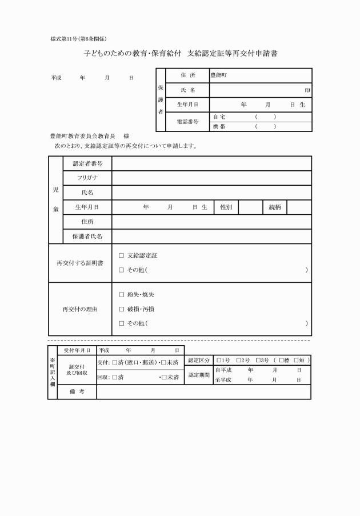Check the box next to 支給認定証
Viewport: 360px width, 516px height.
point(121,255)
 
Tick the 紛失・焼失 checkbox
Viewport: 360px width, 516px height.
point(121,295)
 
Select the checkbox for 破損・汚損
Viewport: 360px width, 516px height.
point(121,309)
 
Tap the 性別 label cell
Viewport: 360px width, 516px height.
point(226,207)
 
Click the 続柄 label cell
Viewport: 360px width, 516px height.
point(275,207)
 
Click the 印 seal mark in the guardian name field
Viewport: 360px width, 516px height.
point(307,90)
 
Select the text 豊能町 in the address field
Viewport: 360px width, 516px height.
point(219,75)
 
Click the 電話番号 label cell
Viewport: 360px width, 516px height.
point(187,122)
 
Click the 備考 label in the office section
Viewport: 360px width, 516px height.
point(77,393)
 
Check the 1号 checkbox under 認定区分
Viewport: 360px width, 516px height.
point(219,361)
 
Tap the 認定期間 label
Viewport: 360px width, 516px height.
point(199,375)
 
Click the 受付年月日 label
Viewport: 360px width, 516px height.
point(77,349)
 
